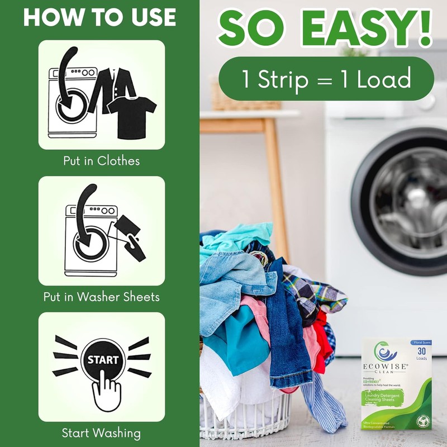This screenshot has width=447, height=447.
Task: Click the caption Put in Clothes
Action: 101,161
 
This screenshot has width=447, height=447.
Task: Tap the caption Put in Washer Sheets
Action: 101,297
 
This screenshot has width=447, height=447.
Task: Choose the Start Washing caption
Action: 101,432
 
